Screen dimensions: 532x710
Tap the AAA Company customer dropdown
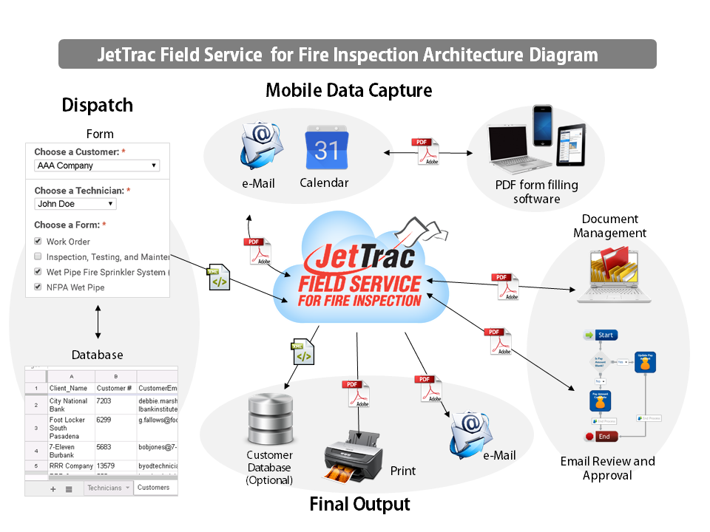[97, 166]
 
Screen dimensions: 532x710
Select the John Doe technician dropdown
[75, 204]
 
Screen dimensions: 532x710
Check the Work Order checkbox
[38, 242]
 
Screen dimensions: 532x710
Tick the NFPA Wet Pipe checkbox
[38, 287]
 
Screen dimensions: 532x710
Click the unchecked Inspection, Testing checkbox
[38, 257]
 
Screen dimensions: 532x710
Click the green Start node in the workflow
[600, 335]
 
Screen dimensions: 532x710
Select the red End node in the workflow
[598, 437]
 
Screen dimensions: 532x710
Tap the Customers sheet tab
[154, 488]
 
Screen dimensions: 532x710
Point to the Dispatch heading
[98, 105]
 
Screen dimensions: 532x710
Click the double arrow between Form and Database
[98, 322]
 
